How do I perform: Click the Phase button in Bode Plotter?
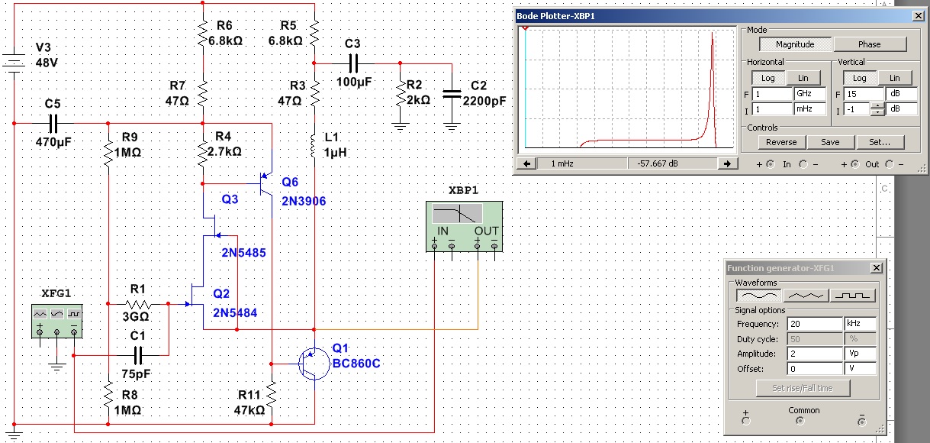870,44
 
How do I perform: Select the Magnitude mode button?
795,44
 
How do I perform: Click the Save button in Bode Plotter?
830,142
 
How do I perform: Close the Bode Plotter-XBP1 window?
918,16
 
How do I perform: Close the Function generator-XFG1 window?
876,268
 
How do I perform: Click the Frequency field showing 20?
815,324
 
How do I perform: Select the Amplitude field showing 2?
815,354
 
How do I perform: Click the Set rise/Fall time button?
803,388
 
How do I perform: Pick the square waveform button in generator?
852,296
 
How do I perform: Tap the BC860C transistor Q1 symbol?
314,364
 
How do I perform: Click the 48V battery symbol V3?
14,63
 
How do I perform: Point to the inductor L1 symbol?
314,146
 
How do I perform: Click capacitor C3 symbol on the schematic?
353,63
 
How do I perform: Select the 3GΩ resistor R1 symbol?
138,304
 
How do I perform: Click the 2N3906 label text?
304,201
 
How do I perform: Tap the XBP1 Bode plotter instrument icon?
464,227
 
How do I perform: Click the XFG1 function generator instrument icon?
57,320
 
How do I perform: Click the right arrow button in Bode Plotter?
727,163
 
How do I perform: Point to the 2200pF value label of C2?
484,101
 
